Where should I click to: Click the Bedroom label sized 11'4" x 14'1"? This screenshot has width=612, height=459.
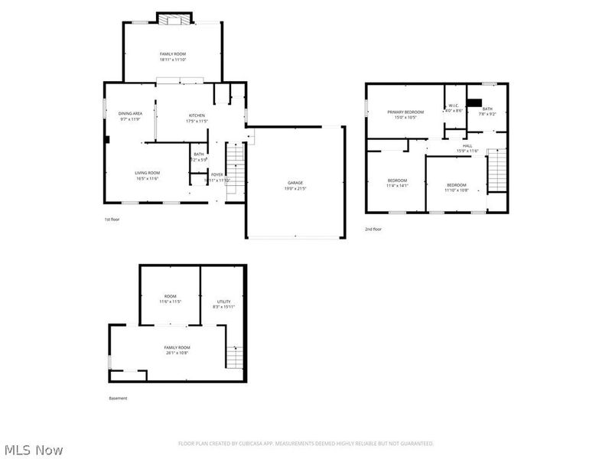(398, 182)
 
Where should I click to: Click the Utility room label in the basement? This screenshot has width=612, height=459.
(223, 304)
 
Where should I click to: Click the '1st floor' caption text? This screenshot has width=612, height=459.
(112, 220)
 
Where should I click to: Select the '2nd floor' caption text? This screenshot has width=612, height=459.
(373, 229)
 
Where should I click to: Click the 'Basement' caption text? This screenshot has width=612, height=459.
(118, 398)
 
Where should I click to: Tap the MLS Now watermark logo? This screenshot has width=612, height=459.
(33, 450)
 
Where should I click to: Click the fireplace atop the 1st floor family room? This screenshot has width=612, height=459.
(173, 18)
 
